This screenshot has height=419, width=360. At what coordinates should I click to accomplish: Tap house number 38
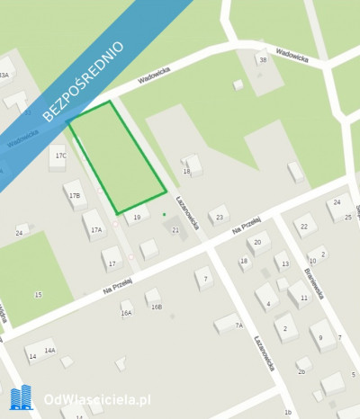pos(263,59)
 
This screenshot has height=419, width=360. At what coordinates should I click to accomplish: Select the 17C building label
pos(60,156)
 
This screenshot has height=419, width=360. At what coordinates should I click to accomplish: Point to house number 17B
pos(75,195)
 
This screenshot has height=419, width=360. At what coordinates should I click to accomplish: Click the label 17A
pos(95,229)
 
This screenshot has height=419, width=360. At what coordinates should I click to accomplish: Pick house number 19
pos(137,217)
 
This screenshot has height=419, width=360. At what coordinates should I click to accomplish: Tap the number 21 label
pos(175,230)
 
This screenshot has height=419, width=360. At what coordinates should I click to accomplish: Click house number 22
pos(304,227)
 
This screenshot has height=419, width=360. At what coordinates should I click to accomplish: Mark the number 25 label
pos(347,218)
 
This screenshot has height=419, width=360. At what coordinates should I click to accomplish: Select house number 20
pos(259,241)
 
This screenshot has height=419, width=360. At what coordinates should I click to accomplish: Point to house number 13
pos(285,264)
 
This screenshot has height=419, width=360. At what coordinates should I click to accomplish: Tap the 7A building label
pos(238,325)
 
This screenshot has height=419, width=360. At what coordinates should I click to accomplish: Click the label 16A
pos(127,313)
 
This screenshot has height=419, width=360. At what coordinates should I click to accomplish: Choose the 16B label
pos(157,307)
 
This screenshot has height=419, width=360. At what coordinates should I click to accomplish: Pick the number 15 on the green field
pos(38,294)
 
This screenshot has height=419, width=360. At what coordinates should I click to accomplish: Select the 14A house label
pos(50,351)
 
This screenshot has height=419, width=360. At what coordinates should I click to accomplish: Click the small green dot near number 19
pos(164,214)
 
